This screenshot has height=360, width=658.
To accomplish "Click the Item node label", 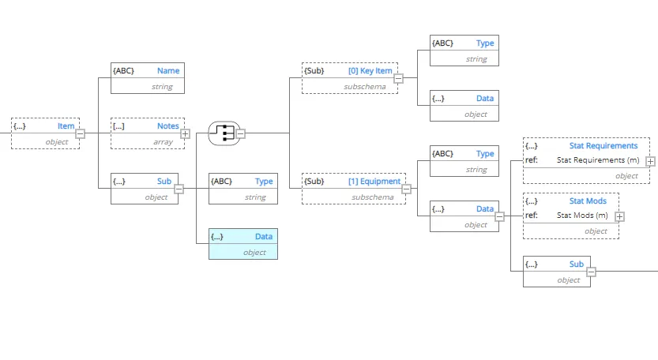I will pyautogui.click(x=66, y=126).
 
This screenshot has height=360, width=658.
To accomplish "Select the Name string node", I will pyautogui.click(x=146, y=78).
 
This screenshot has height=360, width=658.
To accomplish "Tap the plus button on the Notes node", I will pyautogui.click(x=185, y=133).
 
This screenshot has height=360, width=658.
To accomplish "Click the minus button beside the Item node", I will pyautogui.click(x=80, y=133).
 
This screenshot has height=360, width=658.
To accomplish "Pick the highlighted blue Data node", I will pyautogui.click(x=243, y=244).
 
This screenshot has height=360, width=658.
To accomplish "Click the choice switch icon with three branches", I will pyautogui.click(x=223, y=133).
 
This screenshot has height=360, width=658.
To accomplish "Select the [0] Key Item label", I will pyautogui.click(x=370, y=71).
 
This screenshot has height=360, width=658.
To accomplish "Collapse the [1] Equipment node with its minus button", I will pyautogui.click(x=407, y=189).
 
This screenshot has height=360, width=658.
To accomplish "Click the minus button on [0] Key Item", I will pyautogui.click(x=398, y=78).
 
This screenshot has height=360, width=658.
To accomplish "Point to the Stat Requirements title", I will pyautogui.click(x=603, y=146).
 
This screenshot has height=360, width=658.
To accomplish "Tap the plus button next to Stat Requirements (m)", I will pyautogui.click(x=650, y=161).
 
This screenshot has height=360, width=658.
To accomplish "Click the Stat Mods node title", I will pyautogui.click(x=588, y=201).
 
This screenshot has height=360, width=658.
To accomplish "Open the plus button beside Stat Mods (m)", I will pyautogui.click(x=620, y=216).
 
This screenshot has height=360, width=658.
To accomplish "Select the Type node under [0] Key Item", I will pyautogui.click(x=464, y=51).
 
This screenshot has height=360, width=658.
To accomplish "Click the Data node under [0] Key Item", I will pyautogui.click(x=464, y=106).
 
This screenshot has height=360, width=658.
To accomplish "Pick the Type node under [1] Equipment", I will pyautogui.click(x=464, y=161).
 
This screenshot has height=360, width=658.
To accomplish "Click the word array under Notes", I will pyautogui.click(x=163, y=142).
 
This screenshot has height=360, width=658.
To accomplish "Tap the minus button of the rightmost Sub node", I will pyautogui.click(x=591, y=272).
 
